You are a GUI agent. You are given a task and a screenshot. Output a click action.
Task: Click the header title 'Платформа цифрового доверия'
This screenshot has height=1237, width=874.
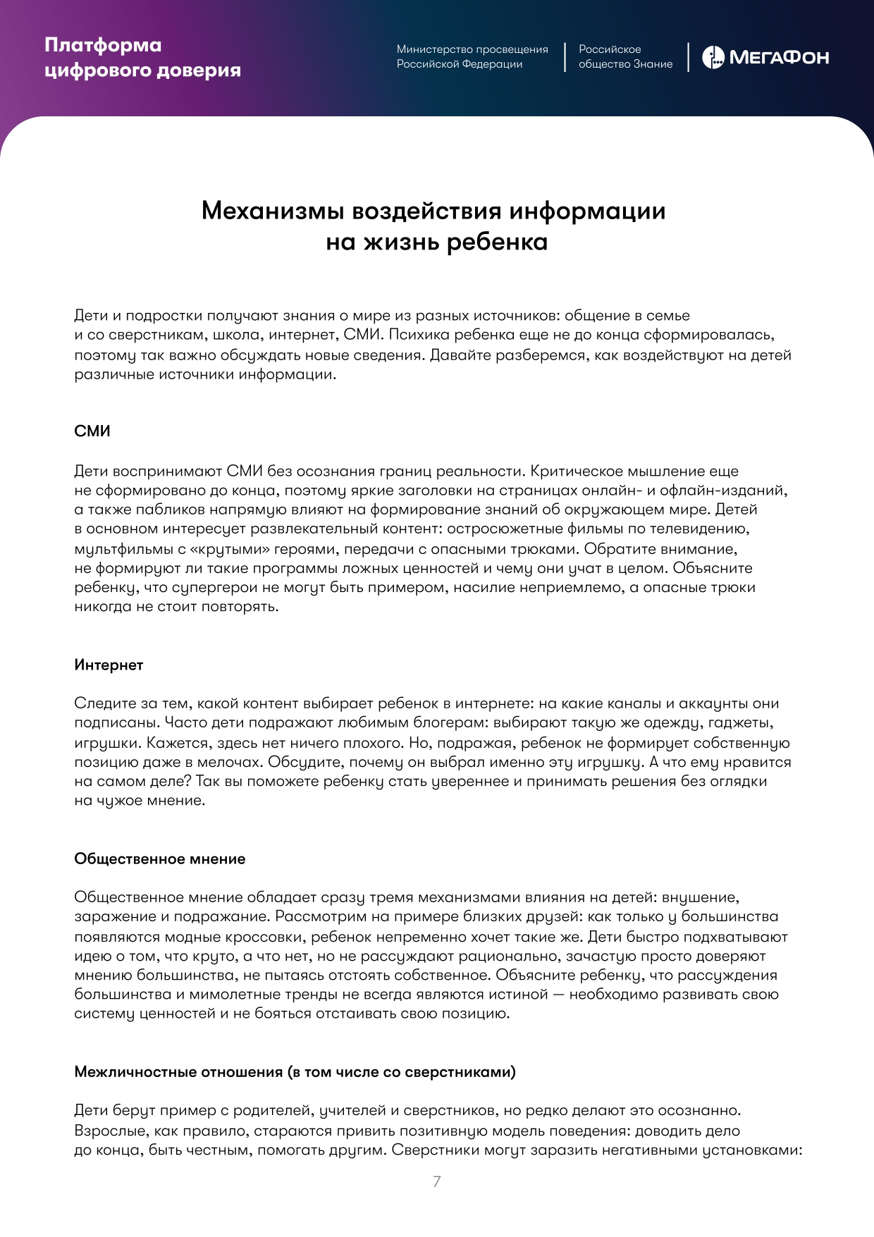click(x=142, y=58)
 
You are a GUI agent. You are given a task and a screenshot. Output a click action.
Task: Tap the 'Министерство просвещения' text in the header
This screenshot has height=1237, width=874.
click(x=472, y=49)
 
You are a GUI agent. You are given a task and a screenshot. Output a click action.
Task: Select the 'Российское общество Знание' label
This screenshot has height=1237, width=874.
click(x=625, y=57)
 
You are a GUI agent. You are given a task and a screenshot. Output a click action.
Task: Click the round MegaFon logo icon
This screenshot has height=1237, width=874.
click(x=713, y=58)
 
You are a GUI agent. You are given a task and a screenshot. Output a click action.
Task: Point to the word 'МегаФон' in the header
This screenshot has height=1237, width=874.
click(x=779, y=58)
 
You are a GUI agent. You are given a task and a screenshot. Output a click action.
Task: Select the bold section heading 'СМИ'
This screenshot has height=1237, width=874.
click(x=92, y=431)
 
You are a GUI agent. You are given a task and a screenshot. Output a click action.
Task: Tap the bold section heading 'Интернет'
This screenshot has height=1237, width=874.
click(x=109, y=665)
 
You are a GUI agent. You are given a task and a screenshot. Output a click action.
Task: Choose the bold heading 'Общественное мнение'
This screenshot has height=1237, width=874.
click(x=160, y=858)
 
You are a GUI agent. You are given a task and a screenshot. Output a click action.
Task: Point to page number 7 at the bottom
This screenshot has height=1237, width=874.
click(x=437, y=1181)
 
